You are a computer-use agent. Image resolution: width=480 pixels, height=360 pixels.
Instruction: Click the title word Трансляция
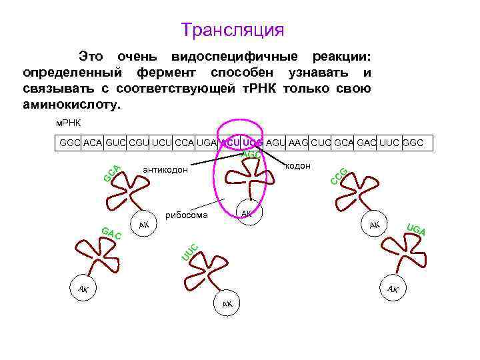233,31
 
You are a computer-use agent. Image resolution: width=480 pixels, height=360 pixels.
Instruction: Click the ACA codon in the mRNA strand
92,143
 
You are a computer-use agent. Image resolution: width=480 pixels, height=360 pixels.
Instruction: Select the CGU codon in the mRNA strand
139,143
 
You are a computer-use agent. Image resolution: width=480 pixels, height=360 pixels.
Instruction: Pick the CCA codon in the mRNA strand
186,143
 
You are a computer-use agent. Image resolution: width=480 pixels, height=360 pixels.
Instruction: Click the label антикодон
166,171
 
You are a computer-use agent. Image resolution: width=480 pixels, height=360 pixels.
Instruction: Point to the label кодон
297,165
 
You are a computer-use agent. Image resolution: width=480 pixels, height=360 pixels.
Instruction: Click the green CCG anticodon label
339,176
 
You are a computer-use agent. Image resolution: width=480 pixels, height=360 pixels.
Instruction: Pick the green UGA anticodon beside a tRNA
415,231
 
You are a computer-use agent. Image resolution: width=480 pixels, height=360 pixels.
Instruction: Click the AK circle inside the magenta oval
247,213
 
